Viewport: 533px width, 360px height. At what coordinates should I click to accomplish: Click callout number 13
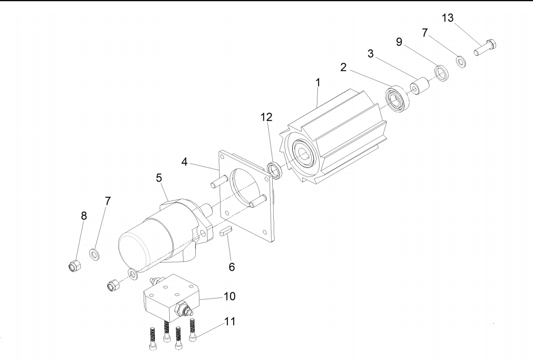[447, 18]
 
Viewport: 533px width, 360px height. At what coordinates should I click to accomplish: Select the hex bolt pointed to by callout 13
[485, 48]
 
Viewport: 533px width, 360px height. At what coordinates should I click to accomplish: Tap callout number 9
[399, 42]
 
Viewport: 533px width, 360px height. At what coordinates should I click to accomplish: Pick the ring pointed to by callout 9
[442, 73]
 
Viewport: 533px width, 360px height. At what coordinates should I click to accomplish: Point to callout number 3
[370, 54]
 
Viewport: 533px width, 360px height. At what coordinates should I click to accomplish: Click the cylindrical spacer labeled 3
[419, 87]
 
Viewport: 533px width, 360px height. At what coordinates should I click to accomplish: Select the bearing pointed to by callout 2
[396, 99]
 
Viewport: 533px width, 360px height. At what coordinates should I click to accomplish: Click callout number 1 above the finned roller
[318, 82]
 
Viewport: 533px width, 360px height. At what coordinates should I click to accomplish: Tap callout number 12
[266, 117]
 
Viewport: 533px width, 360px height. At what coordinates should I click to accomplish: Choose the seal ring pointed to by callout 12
[274, 171]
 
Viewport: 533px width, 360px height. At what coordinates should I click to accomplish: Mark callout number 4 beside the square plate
[184, 162]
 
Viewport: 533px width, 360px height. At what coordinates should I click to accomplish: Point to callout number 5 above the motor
[159, 178]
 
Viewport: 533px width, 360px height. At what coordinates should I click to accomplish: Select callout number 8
[84, 216]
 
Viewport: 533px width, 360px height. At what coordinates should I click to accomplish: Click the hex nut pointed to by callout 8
[75, 265]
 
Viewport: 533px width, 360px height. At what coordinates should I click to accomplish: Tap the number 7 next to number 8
[108, 201]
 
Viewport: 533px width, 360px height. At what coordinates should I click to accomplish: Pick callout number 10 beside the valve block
[230, 296]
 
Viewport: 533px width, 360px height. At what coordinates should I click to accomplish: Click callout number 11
[230, 322]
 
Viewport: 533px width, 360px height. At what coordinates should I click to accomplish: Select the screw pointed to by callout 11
[193, 330]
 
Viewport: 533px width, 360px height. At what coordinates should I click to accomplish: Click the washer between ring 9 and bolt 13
[461, 62]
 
